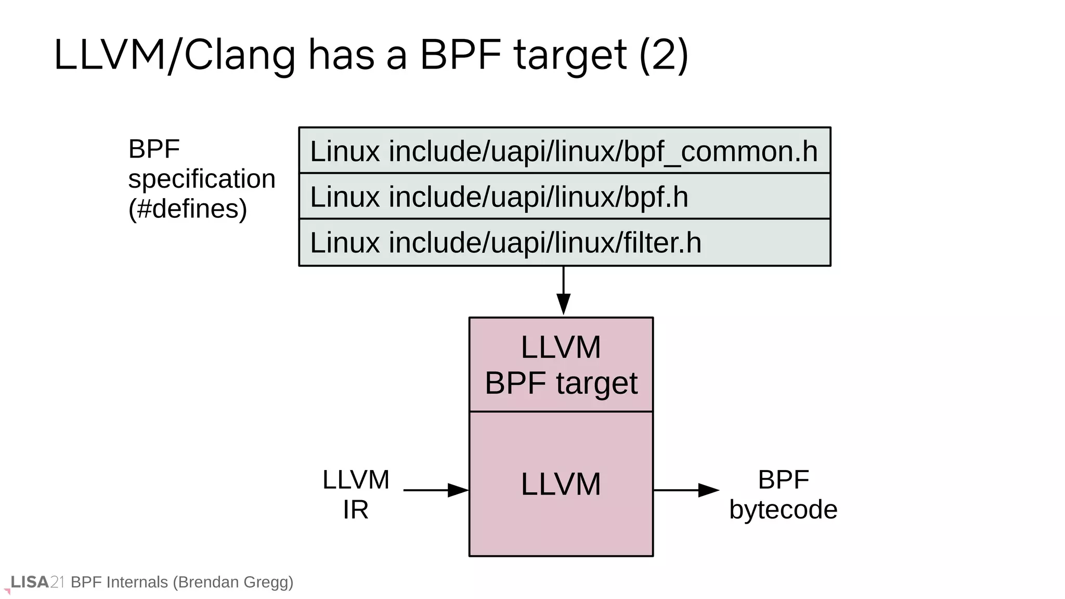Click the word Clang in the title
click(239, 56)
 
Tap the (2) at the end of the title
click(664, 56)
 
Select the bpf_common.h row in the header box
click(564, 151)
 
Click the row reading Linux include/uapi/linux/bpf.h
click(564, 197)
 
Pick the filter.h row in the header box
click(564, 242)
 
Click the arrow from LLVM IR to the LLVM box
click(436, 490)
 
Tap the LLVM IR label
click(356, 494)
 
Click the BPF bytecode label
click(783, 494)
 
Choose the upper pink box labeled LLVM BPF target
click(561, 364)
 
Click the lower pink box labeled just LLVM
click(561, 484)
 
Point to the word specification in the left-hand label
click(202, 179)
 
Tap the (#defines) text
click(188, 209)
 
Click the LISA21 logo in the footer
click(36, 582)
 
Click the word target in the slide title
click(570, 56)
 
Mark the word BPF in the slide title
click(460, 56)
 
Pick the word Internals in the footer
click(137, 582)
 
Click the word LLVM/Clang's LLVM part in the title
click(109, 56)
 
